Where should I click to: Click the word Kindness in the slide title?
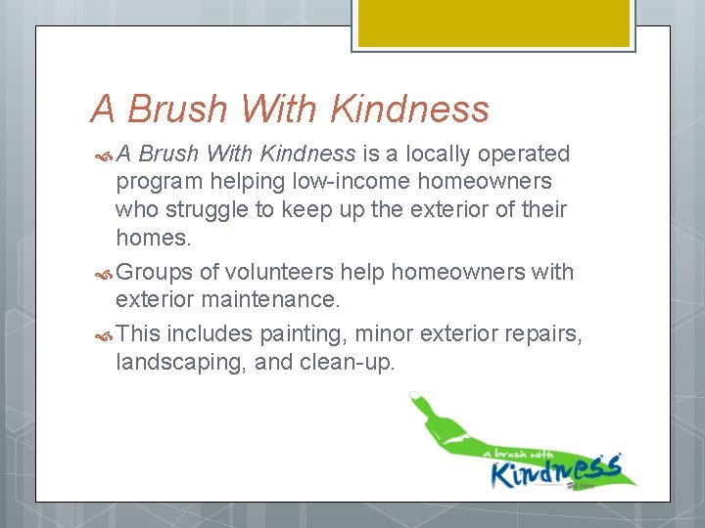pyautogui.click(x=410, y=110)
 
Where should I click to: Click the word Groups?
pyautogui.click(x=154, y=272)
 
